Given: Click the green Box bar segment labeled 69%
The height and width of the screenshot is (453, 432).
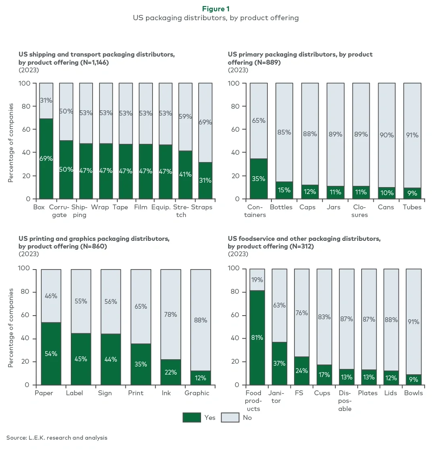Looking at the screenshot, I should (x=46, y=158).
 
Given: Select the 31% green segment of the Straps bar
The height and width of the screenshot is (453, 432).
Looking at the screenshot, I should (x=205, y=181).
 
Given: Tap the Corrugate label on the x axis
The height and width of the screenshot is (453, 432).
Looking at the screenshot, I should (x=59, y=211).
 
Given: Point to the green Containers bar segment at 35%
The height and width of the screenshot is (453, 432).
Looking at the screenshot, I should (x=258, y=179).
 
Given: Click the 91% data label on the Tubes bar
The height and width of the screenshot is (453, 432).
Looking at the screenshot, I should (x=412, y=135).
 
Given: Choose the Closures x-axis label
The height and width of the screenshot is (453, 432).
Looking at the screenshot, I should (x=360, y=211).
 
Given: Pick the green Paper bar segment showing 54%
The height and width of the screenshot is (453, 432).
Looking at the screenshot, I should (x=51, y=354).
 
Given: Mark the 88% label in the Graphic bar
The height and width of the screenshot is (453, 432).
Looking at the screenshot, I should (x=200, y=320).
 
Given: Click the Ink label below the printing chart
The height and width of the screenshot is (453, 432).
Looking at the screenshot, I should (x=166, y=393).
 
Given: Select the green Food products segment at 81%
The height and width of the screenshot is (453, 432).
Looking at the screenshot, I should (x=257, y=337).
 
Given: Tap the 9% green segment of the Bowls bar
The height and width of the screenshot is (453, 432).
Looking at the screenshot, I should (x=413, y=379).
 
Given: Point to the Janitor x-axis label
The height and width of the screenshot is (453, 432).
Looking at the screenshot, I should (x=276, y=397).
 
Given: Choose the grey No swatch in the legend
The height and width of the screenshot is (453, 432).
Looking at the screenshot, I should (x=230, y=417).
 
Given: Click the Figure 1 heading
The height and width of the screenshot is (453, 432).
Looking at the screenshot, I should (x=216, y=9).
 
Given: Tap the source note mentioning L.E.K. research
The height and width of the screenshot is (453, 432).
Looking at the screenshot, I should (x=57, y=438).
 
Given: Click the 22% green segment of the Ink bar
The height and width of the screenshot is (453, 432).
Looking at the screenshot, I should (x=171, y=372).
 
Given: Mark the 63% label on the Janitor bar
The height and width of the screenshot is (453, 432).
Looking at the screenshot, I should (x=280, y=305).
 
